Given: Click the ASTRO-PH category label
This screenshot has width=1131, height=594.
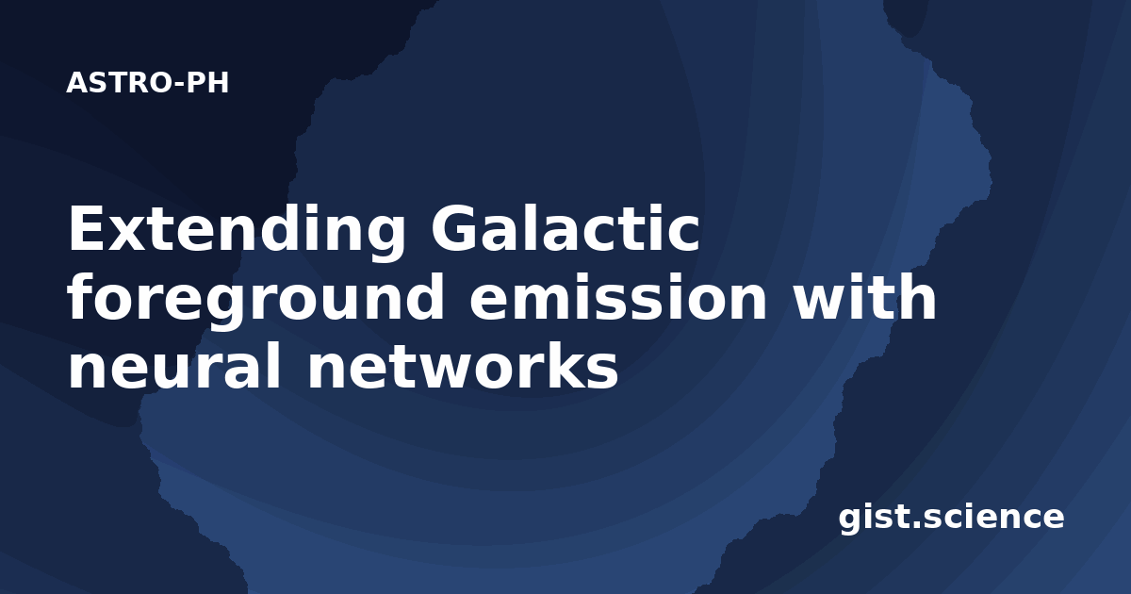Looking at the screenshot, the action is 147,83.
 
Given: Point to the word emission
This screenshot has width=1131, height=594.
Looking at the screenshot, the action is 618,298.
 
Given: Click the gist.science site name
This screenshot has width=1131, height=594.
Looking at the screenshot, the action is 951,519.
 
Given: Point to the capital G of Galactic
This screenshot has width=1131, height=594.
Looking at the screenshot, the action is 452,228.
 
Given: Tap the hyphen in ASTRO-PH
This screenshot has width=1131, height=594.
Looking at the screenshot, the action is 178,84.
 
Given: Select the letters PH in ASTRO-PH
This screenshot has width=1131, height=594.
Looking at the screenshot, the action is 207,83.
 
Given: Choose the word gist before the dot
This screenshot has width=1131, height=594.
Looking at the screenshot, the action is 874,519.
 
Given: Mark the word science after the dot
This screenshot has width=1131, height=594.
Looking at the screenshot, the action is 993,518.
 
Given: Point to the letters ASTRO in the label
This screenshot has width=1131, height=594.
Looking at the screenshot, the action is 119,83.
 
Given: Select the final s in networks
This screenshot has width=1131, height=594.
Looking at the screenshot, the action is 601,371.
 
